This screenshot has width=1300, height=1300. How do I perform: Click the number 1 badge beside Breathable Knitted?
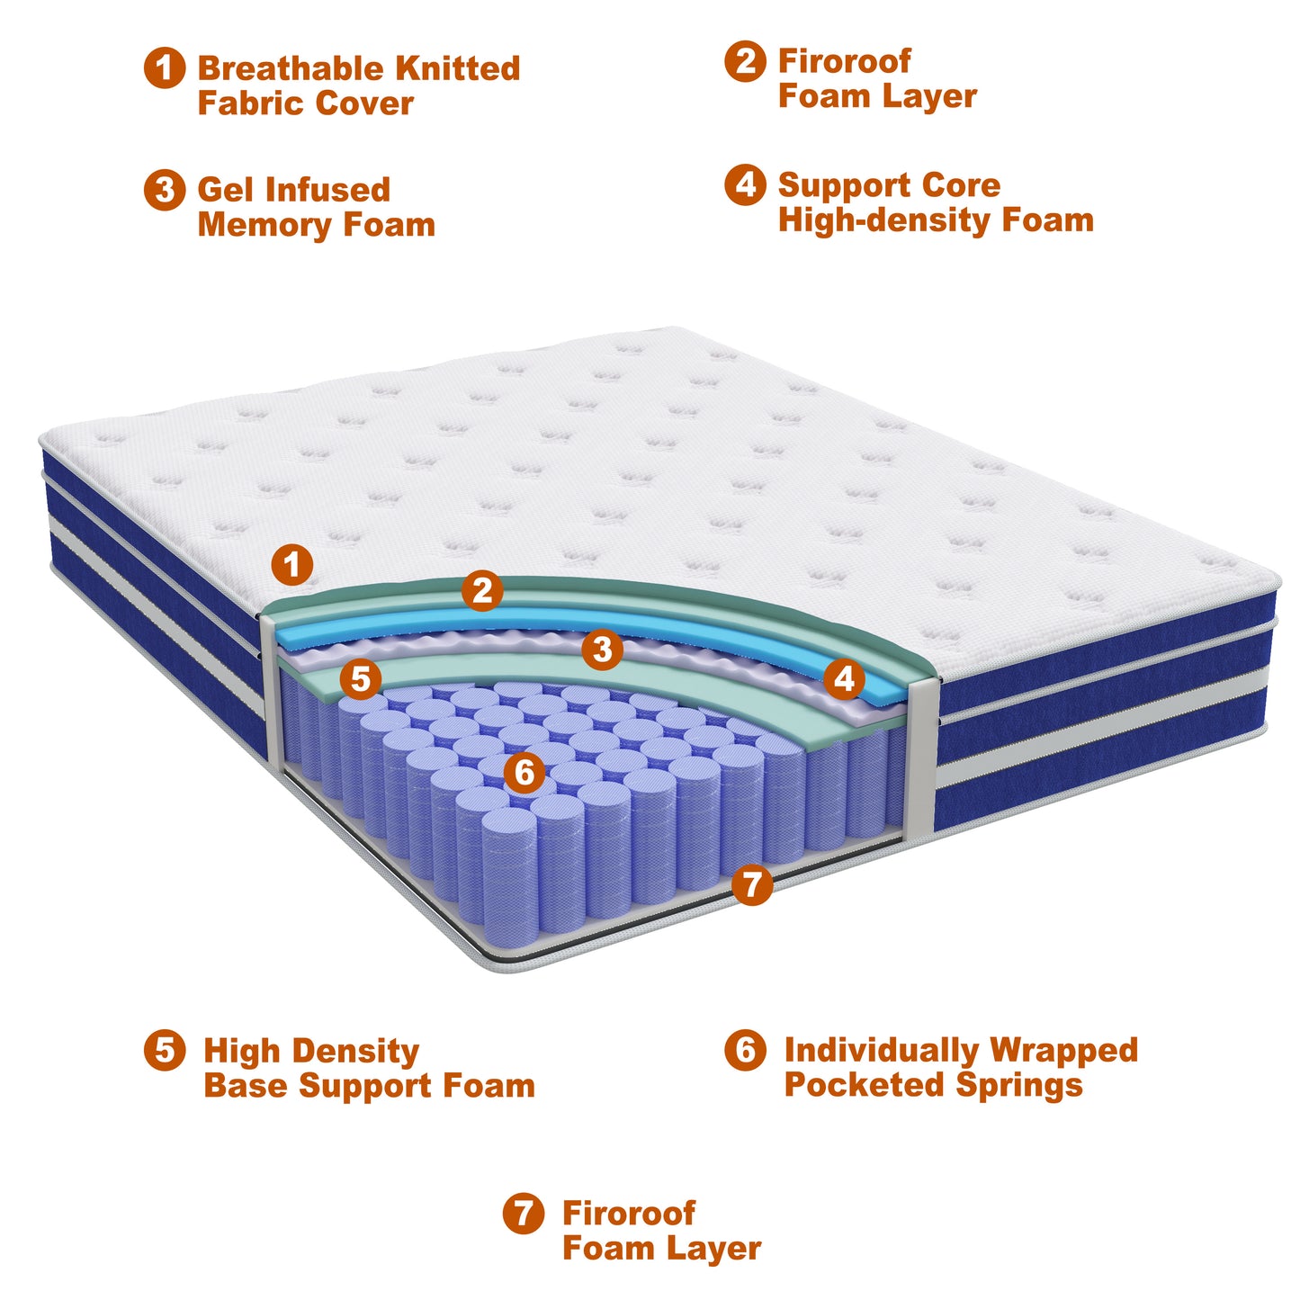[165, 68]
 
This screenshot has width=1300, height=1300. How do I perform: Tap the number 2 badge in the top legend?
[745, 61]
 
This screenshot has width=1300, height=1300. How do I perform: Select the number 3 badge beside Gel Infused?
[165, 190]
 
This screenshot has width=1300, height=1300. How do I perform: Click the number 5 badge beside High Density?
[165, 1050]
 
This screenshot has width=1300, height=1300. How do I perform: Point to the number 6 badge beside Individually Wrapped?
[745, 1050]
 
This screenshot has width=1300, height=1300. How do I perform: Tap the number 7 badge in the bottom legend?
[524, 1213]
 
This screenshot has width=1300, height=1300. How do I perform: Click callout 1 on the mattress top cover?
[292, 565]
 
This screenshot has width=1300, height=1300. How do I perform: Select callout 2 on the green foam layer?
[482, 591]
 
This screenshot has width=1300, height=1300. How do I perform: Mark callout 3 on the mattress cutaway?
[602, 649]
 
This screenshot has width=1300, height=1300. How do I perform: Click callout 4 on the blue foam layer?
[844, 679]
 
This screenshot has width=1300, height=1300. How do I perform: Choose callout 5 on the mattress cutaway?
[361, 679]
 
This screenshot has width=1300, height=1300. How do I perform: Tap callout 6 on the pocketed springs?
[524, 772]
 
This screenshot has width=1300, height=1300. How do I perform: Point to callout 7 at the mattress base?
[752, 884]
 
